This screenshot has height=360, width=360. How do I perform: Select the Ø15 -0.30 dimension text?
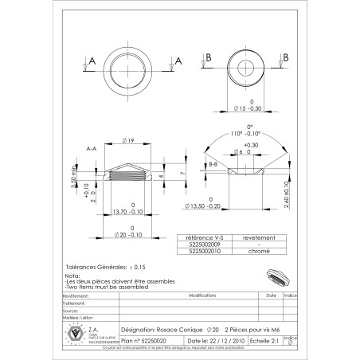pyautogui.click(x=252, y=108)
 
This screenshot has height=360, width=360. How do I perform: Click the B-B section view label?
pyautogui.click(x=213, y=163)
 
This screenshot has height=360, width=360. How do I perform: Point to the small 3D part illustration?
pyautogui.click(x=276, y=275)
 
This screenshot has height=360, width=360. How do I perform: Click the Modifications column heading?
pyautogui.click(x=192, y=294)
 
